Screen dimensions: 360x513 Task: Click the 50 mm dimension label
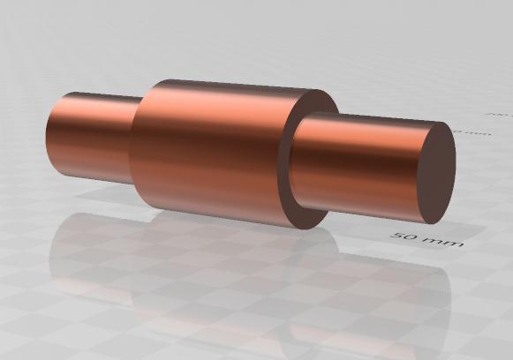click(x=427, y=237)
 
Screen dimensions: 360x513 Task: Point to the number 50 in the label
click(x=408, y=236)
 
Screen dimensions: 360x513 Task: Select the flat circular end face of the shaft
click(x=435, y=173)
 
